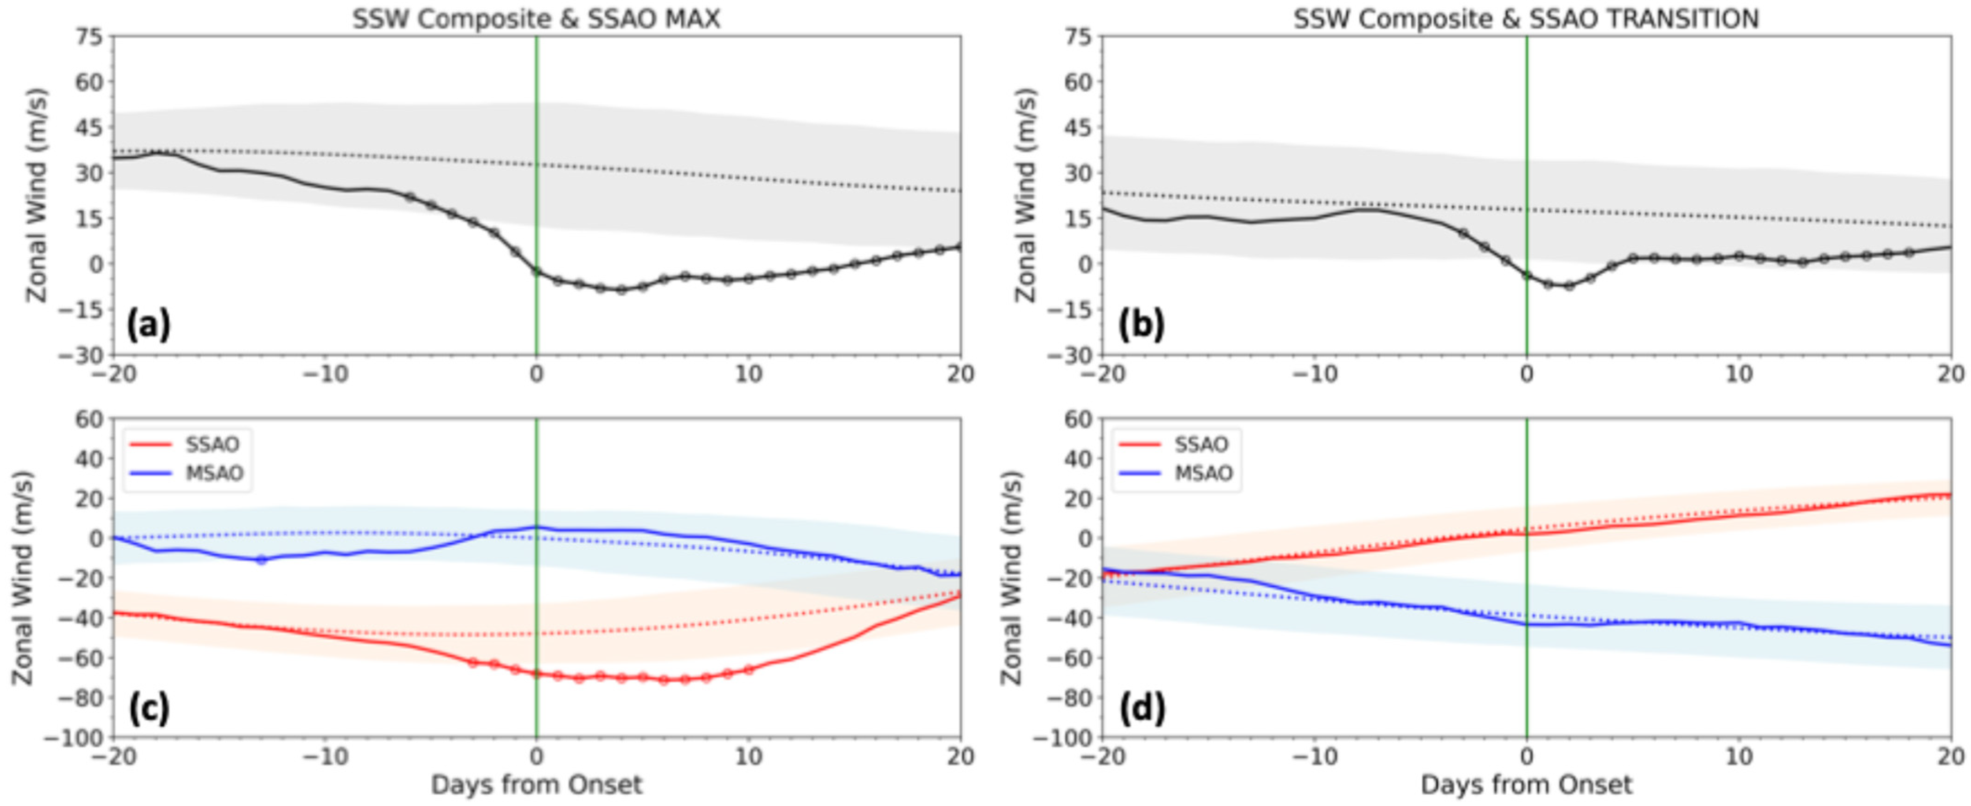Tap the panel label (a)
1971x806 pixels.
[149, 325]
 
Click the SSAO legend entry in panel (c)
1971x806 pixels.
[212, 444]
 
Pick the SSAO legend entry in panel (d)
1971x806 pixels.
[1201, 444]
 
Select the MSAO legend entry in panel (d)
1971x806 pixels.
[1203, 473]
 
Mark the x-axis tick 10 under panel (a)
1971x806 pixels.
[749, 374]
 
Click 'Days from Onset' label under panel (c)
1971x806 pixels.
[537, 785]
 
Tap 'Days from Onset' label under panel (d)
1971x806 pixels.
[1526, 785]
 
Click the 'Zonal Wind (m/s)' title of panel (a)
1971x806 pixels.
[37, 196]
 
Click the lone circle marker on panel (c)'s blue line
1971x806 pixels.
[261, 560]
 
